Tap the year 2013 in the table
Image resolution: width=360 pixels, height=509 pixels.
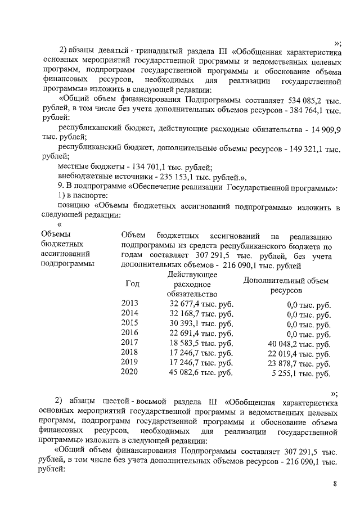click(x=129, y=304)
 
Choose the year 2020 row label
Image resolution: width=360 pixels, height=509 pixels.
click(x=129, y=373)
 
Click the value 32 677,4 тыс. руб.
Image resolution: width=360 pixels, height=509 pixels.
click(x=201, y=304)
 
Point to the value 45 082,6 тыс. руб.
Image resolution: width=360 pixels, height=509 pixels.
click(x=201, y=373)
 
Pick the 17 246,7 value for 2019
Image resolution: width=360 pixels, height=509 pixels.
click(x=201, y=363)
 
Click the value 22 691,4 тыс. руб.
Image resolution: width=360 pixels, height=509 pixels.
click(x=201, y=334)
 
